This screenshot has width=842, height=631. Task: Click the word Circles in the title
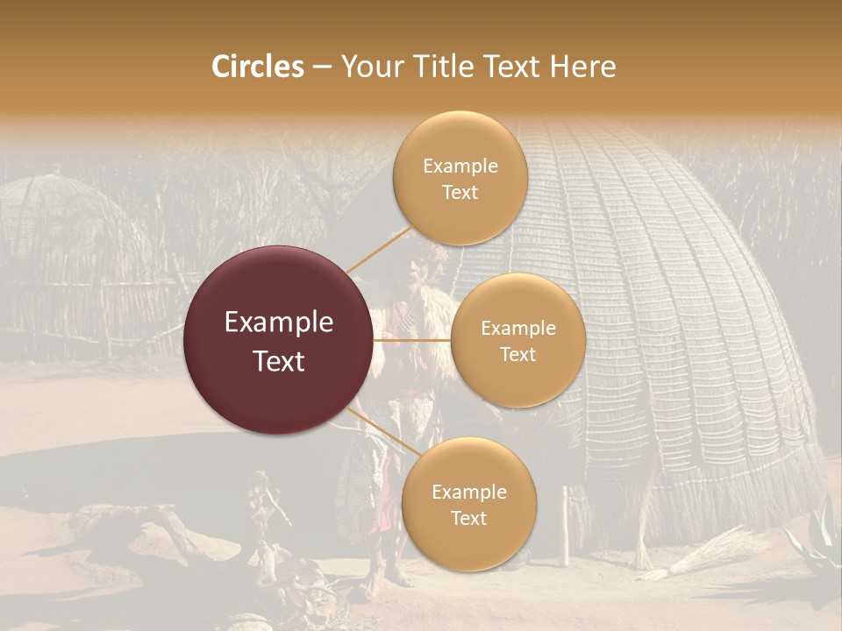(x=257, y=67)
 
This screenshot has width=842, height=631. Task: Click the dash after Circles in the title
(x=321, y=67)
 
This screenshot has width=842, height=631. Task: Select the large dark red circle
(x=279, y=340)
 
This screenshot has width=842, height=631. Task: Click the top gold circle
(x=460, y=179)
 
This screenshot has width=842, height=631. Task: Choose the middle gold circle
(x=517, y=340)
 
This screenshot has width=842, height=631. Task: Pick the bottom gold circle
(x=468, y=504)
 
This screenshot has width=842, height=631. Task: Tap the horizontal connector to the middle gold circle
(x=412, y=340)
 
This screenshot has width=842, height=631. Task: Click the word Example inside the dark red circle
(x=279, y=323)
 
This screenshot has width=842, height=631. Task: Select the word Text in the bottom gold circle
(x=468, y=518)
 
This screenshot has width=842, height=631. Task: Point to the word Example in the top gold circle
(x=460, y=166)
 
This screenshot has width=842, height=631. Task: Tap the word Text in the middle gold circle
(x=517, y=354)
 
